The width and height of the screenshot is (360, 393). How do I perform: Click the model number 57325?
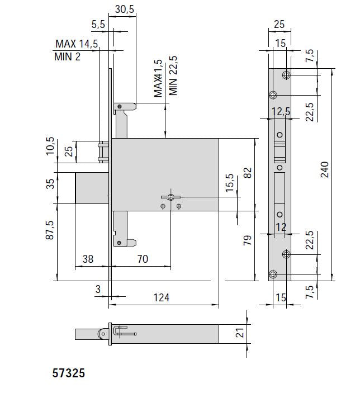pyautogui.click(x=68, y=373)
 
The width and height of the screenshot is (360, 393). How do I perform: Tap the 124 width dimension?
pyautogui.click(x=161, y=297)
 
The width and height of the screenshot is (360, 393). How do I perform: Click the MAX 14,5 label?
pyautogui.click(x=76, y=44)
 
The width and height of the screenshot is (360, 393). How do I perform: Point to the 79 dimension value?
pyautogui.click(x=248, y=241)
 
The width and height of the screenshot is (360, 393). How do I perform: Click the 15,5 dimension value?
pyautogui.click(x=230, y=182)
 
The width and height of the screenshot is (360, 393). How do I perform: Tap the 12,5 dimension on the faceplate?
pyautogui.click(x=281, y=112)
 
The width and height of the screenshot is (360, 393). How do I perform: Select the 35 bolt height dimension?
pyautogui.click(x=50, y=184)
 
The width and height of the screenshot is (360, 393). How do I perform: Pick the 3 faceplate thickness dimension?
pyautogui.click(x=98, y=289)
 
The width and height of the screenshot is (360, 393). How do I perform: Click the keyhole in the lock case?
pyautogui.click(x=169, y=197)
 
